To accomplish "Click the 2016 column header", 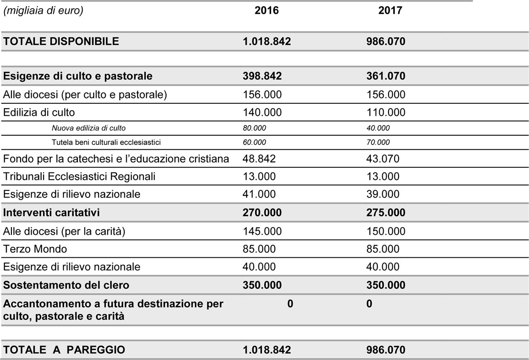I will pyautogui.click(x=267, y=11).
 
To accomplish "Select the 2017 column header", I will pyautogui.click(x=390, y=11).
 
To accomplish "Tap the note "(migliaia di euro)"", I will pyautogui.click(x=43, y=11).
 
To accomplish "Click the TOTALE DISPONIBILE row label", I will pyautogui.click(x=61, y=42).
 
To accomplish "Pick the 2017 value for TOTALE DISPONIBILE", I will pyautogui.click(x=386, y=42).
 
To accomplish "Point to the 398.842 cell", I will pyautogui.click(x=262, y=76).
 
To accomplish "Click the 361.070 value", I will pyautogui.click(x=386, y=76).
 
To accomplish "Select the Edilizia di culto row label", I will pyautogui.click(x=39, y=112).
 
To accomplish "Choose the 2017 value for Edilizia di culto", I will pyautogui.click(x=386, y=112).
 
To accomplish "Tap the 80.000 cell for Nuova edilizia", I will pyautogui.click(x=255, y=128).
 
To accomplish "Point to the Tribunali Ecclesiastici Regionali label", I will pyautogui.click(x=79, y=176).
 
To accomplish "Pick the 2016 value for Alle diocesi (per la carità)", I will pyautogui.click(x=262, y=231).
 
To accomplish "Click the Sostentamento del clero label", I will pyautogui.click(x=66, y=285).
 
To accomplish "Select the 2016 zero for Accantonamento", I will pyautogui.click(x=290, y=304).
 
